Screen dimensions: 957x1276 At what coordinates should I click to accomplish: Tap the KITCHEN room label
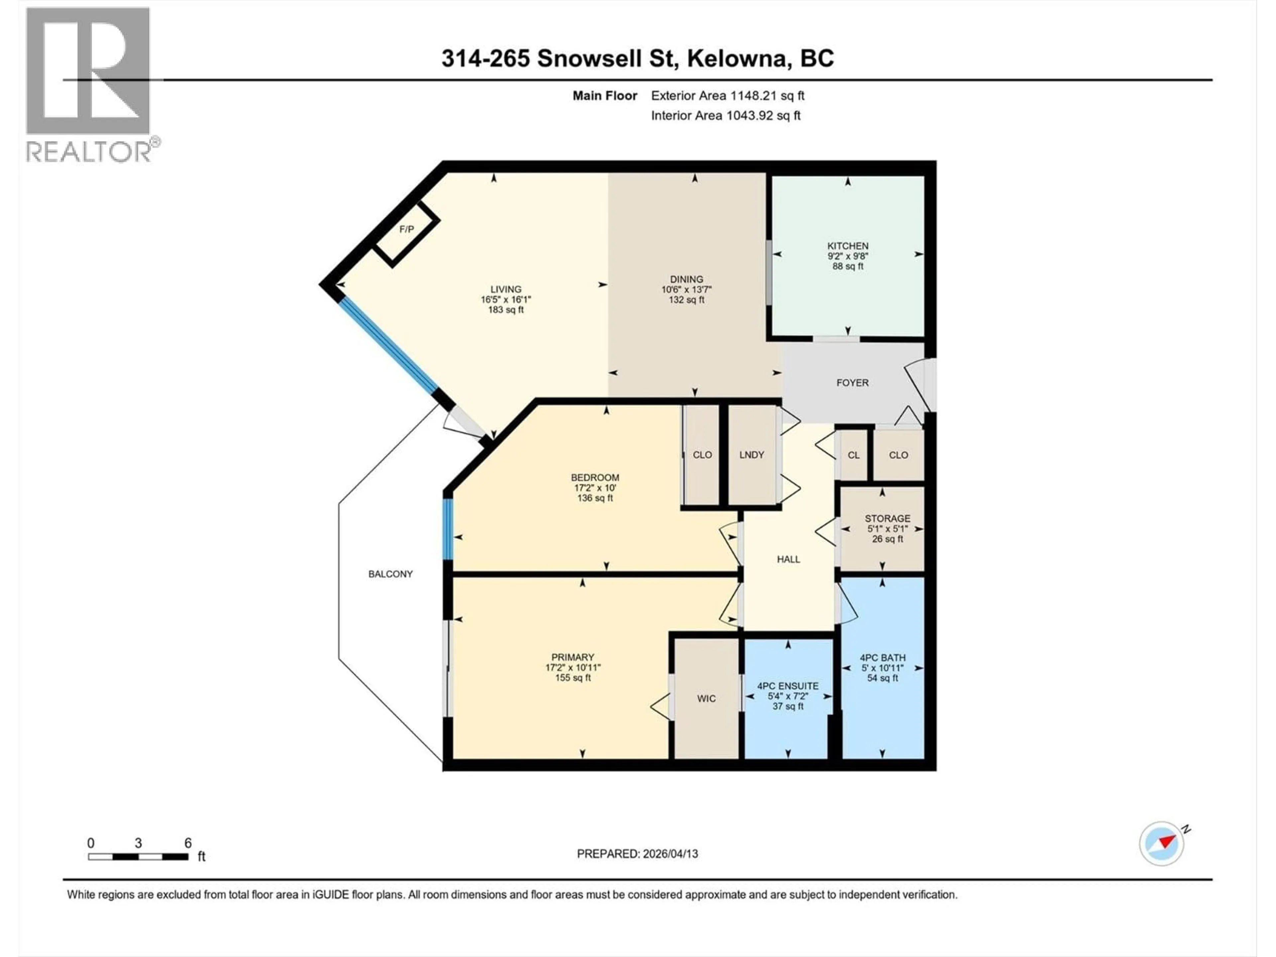[847, 246]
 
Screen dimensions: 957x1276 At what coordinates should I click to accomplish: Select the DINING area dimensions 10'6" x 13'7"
[687, 289]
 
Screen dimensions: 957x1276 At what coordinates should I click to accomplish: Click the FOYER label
[852, 382]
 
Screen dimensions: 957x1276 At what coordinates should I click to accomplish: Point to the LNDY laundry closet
[752, 455]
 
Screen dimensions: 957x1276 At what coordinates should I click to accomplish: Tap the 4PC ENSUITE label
[788, 686]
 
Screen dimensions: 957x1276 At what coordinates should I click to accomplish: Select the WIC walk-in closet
[706, 698]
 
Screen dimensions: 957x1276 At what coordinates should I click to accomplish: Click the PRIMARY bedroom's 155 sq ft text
[573, 678]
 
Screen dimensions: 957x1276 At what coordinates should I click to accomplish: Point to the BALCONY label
[390, 574]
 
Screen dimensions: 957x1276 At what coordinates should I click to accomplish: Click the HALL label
[788, 559]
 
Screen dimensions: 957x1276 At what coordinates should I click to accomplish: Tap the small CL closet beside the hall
[853, 455]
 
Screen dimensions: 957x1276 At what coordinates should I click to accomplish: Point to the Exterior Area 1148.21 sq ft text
[727, 96]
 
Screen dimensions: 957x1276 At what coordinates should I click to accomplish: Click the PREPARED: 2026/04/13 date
[637, 854]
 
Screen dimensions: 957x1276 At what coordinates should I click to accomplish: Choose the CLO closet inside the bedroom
[702, 455]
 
